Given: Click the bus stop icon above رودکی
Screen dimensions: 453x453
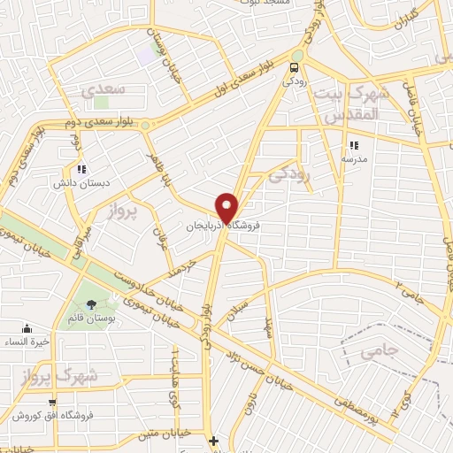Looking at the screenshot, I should coord(295,65).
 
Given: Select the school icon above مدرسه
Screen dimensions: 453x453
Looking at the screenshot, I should coord(354,145).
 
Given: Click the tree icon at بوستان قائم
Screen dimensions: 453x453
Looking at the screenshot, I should coord(92,305).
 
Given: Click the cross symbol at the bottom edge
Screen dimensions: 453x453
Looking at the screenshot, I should coord(213,440).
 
